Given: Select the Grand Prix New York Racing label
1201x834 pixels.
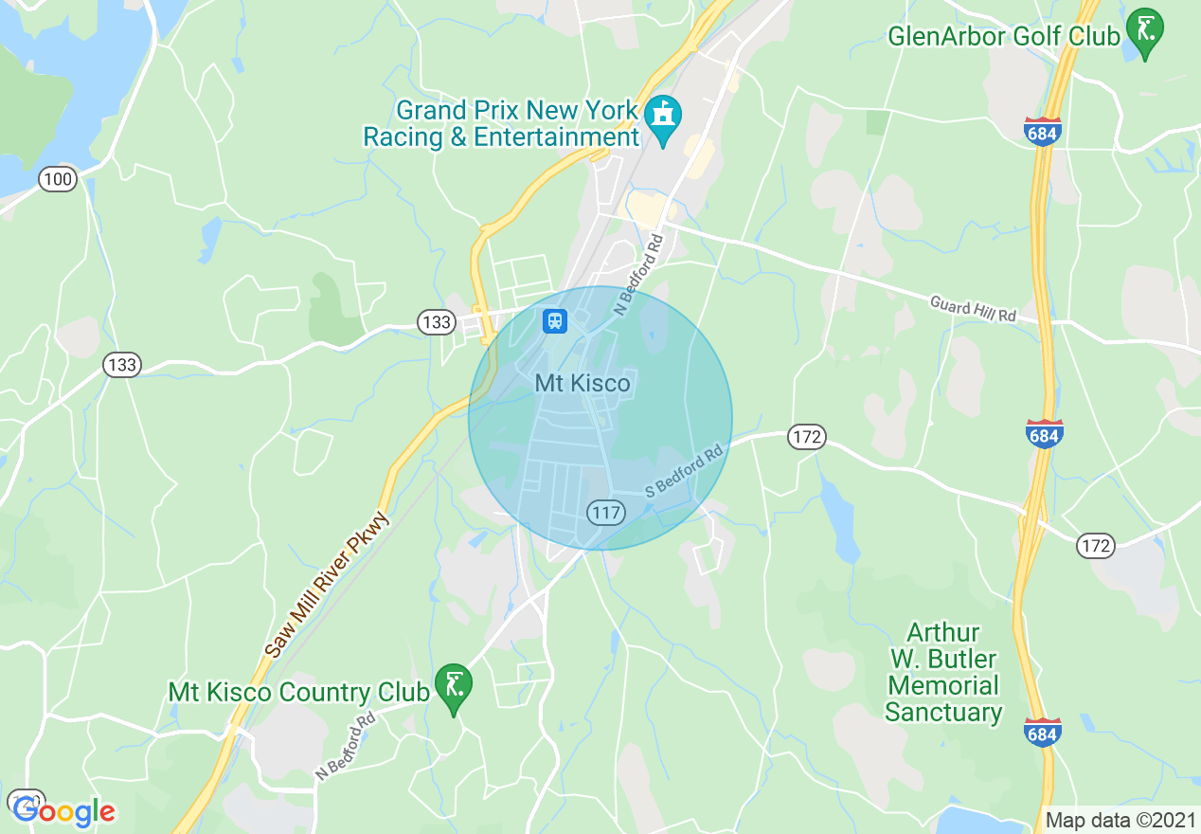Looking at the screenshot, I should click(x=501, y=124).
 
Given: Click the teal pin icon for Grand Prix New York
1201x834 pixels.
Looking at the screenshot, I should click(x=663, y=118).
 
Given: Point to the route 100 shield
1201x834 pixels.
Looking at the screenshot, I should click(x=58, y=179).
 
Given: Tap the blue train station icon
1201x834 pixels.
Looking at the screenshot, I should click(x=554, y=321).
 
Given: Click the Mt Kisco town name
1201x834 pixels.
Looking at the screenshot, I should click(x=583, y=384).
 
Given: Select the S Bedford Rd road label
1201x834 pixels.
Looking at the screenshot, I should click(x=684, y=469).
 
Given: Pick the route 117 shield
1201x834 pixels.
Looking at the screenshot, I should click(x=606, y=513).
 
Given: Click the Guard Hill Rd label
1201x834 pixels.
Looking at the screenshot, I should click(x=973, y=309).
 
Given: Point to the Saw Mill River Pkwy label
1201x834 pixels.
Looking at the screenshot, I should click(x=329, y=586).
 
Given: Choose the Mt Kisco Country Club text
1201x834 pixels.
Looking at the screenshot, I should click(x=297, y=693).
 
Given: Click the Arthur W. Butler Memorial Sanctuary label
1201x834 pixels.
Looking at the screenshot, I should click(x=943, y=672).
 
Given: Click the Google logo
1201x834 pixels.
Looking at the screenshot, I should click(x=63, y=810).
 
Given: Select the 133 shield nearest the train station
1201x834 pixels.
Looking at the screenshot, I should click(x=437, y=323).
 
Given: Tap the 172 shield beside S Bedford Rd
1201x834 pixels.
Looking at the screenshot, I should click(x=806, y=437).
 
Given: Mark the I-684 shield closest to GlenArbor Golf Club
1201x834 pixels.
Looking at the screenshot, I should click(x=1043, y=132).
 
